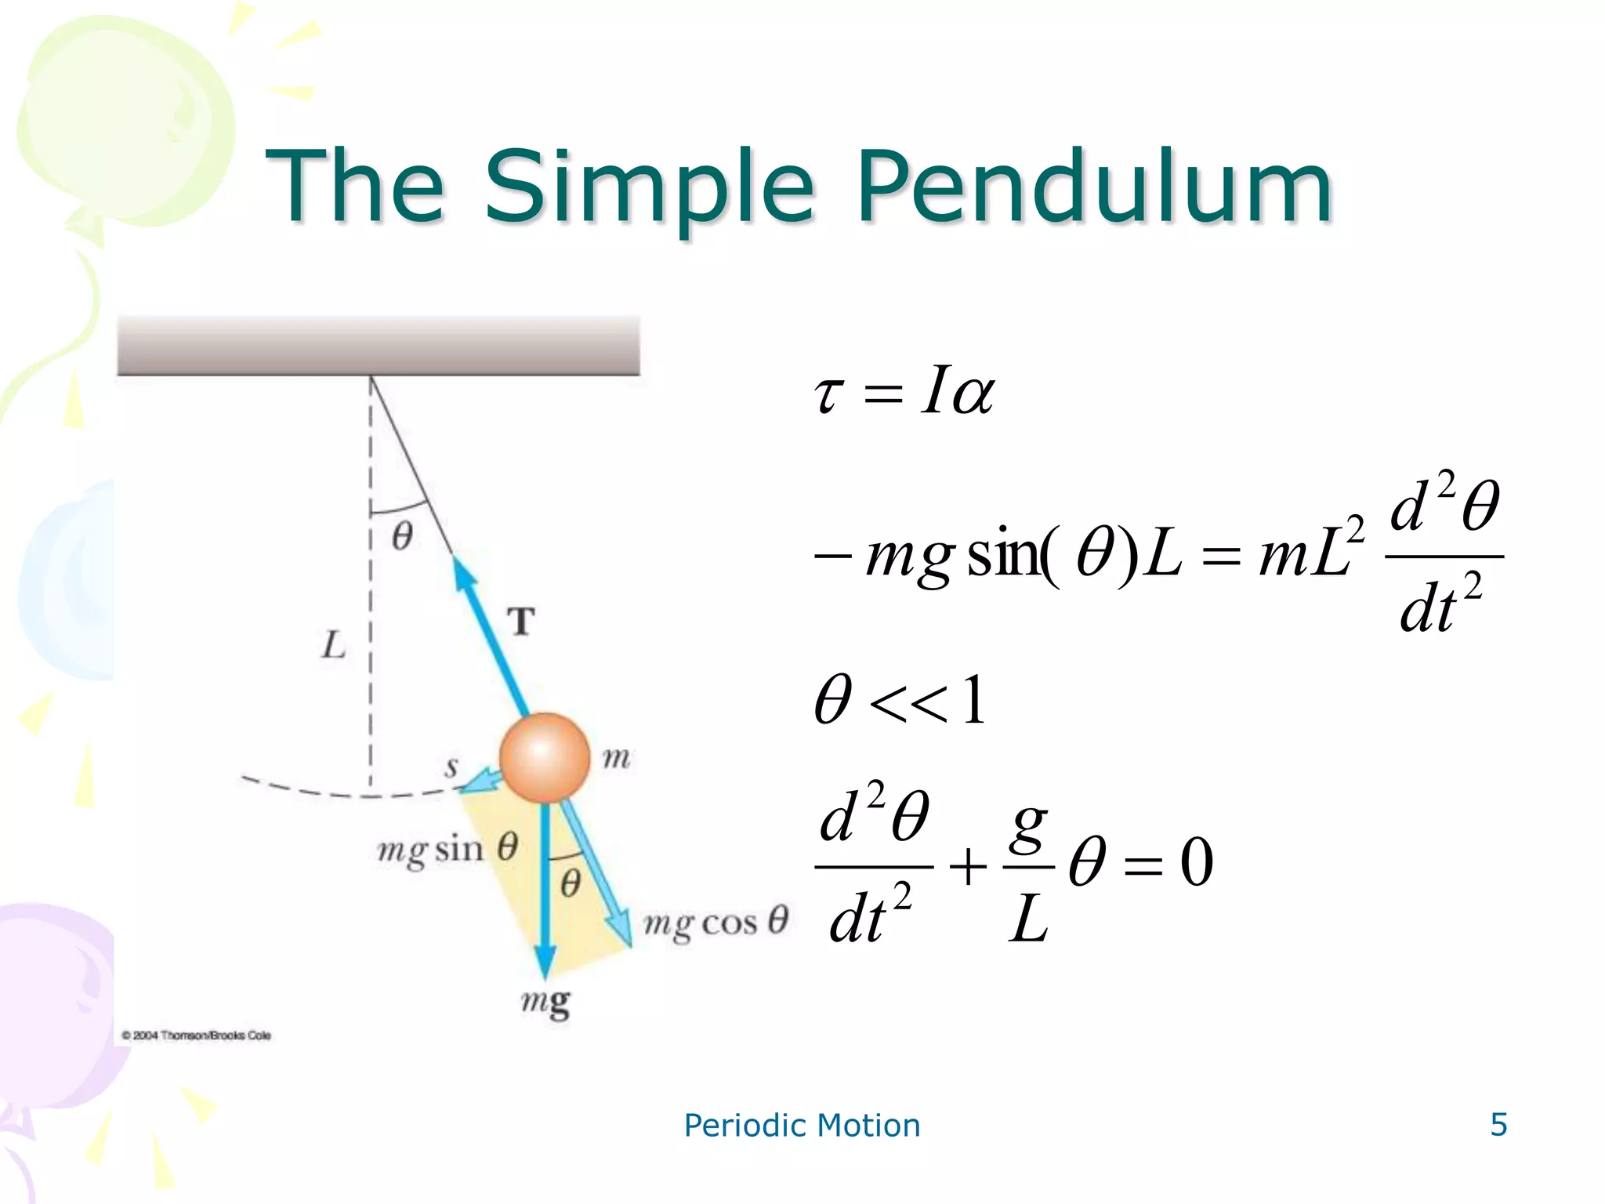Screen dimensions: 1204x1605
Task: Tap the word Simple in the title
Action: pyautogui.click(x=649, y=188)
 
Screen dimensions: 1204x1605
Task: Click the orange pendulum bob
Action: pyautogui.click(x=545, y=758)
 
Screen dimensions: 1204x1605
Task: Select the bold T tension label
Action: pyautogui.click(x=521, y=622)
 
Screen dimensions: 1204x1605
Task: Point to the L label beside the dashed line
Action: pyautogui.click(x=334, y=645)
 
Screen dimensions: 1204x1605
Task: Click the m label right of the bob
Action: pyautogui.click(x=616, y=758)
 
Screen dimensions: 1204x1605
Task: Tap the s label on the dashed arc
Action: pyautogui.click(x=451, y=767)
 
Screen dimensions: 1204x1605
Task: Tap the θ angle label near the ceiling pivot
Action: pyautogui.click(x=402, y=537)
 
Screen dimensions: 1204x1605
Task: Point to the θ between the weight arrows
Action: pyautogui.click(x=571, y=883)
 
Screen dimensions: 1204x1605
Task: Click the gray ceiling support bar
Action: pyautogui.click(x=379, y=346)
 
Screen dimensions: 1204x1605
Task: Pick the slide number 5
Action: pyautogui.click(x=1498, y=1125)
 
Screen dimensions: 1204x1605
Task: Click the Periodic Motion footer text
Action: pyautogui.click(x=802, y=1126)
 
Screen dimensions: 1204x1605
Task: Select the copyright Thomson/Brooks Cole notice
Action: pyautogui.click(x=196, y=1035)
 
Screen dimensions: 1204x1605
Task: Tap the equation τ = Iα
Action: pyautogui.click(x=904, y=392)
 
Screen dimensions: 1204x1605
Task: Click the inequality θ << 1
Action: pyautogui.click(x=900, y=700)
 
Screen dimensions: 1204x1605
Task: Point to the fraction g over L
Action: pyautogui.click(x=1028, y=869)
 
